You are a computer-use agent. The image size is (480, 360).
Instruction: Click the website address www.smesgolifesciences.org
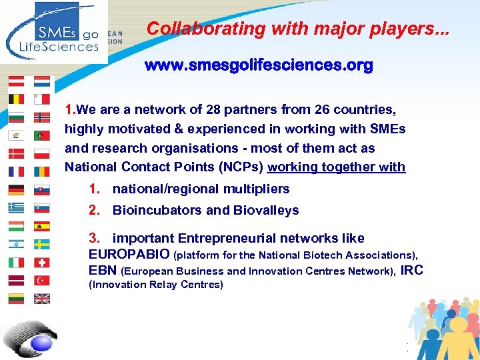pyautogui.click(x=259, y=66)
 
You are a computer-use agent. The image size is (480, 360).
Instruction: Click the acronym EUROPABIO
pyautogui.click(x=129, y=254)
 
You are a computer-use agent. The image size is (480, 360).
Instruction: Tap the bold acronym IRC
pyautogui.click(x=412, y=270)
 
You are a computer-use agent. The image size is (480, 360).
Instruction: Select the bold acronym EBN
pyautogui.click(x=103, y=270)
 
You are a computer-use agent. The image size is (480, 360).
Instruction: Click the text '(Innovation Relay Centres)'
pyautogui.click(x=155, y=285)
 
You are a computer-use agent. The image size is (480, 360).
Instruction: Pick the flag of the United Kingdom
pyautogui.click(x=42, y=299)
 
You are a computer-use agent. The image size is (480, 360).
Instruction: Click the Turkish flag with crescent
pyautogui.click(x=42, y=281)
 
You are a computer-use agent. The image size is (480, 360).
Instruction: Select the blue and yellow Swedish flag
pyautogui.click(x=42, y=244)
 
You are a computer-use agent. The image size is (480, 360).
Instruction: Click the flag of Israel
pyautogui.click(x=16, y=244)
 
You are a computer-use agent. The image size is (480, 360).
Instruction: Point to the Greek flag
pyautogui.click(x=16, y=208)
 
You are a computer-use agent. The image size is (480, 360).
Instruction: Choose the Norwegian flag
pyautogui.click(x=42, y=117)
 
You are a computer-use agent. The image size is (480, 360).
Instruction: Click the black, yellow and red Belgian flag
pyautogui.click(x=16, y=99)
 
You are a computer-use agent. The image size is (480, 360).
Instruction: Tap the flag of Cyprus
pyautogui.click(x=16, y=135)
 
